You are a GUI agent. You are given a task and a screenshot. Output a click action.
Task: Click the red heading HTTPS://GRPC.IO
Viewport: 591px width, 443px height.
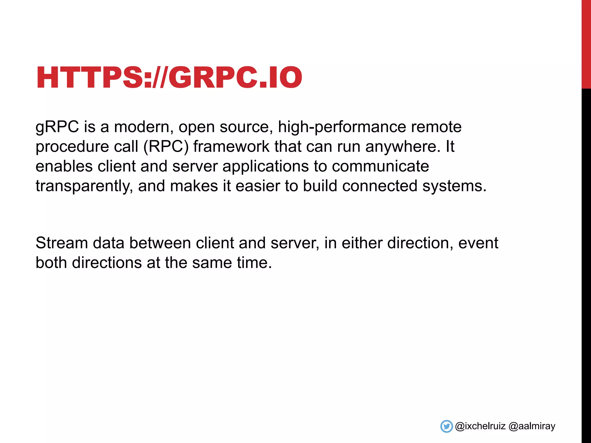tap(169, 77)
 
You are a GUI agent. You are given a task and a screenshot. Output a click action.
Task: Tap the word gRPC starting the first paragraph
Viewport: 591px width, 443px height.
tap(57, 127)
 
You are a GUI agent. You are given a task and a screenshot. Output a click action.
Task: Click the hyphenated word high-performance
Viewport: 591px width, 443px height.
tap(342, 127)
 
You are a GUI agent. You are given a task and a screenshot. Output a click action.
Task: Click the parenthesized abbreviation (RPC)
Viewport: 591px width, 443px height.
tap(166, 147)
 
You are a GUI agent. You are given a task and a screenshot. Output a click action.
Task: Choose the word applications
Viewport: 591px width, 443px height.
tap(265, 167)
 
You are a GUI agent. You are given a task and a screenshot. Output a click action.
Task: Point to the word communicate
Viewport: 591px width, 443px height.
tap(380, 166)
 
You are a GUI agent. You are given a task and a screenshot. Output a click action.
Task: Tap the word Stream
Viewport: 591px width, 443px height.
tap(62, 243)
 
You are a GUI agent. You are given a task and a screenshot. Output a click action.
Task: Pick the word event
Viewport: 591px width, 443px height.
tap(478, 243)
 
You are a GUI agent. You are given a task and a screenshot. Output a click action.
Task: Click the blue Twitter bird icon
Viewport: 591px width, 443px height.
tap(446, 426)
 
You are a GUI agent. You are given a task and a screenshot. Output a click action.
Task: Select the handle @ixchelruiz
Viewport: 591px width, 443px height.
tap(480, 426)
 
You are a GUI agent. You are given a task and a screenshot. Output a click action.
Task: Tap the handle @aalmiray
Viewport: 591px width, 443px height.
tap(532, 426)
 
